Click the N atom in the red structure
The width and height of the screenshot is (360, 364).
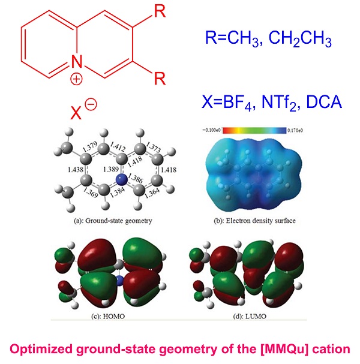pyautogui.click(x=77, y=62)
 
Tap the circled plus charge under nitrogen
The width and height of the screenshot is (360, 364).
pyautogui.click(x=76, y=79)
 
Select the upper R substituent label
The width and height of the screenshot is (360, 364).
pyautogui.click(x=160, y=11)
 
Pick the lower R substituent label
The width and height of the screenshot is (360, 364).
pyautogui.click(x=160, y=79)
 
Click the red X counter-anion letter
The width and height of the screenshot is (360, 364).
pyautogui.click(x=76, y=113)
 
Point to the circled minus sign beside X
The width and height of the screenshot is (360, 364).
pyautogui.click(x=91, y=104)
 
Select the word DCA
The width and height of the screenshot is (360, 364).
pyautogui.click(x=324, y=102)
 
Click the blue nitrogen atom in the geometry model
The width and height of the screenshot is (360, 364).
pyautogui.click(x=121, y=179)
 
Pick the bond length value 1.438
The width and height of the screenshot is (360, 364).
pyautogui.click(x=76, y=170)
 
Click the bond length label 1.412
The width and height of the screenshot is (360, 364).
pyautogui.click(x=118, y=147)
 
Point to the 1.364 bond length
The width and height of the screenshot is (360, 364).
pyautogui.click(x=152, y=193)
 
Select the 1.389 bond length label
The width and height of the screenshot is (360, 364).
pyautogui.click(x=111, y=169)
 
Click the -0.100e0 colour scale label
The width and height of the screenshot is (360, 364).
pyautogui.click(x=211, y=130)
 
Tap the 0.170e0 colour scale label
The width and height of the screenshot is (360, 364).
pyautogui.click(x=295, y=130)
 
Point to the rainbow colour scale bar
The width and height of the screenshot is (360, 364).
pyautogui.click(x=254, y=130)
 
